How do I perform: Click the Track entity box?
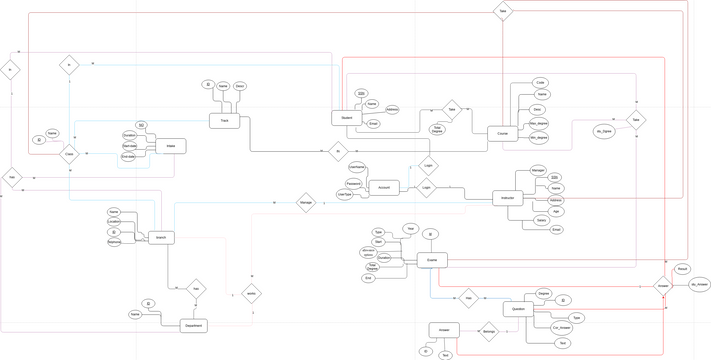[x=224, y=121]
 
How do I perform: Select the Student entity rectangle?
[x=346, y=118]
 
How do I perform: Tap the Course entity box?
[x=503, y=133]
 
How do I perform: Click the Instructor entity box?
[x=508, y=199]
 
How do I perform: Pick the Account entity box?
[x=384, y=187]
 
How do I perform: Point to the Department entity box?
[x=195, y=326]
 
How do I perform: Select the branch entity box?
[x=162, y=238]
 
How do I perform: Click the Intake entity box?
[x=170, y=146]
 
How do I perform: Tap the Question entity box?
[x=518, y=310]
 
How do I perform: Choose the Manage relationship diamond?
[x=306, y=202]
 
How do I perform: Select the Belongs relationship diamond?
[x=489, y=330]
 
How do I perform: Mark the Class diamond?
[x=69, y=154]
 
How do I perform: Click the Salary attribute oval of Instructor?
[x=541, y=219]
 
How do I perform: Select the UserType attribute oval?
[x=345, y=195]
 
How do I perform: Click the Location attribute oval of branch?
[x=114, y=222]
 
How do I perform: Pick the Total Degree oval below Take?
[x=437, y=129]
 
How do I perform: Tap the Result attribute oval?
[x=681, y=269]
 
